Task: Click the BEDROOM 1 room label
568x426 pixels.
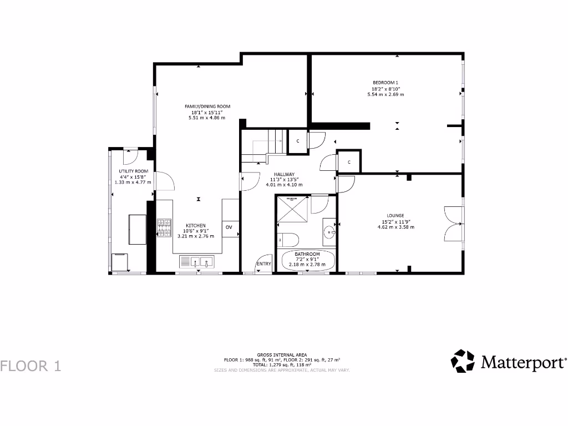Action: [x=386, y=83]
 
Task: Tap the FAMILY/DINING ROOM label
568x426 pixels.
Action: [x=207, y=106]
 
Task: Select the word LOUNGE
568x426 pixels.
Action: [x=395, y=215]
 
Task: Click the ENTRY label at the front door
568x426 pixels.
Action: [x=263, y=264]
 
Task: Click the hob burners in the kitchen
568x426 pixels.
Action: [x=164, y=228]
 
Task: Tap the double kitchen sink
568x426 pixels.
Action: [x=197, y=261]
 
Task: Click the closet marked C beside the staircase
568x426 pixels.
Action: [x=298, y=141]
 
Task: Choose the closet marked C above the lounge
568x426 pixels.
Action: [x=349, y=162]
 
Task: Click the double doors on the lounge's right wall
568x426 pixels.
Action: [x=452, y=224]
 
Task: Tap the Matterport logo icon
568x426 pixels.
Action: [x=463, y=361]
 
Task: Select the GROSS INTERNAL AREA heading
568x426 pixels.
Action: [x=281, y=354]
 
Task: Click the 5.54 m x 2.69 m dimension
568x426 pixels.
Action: [x=386, y=95]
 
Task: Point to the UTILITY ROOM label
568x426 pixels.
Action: [x=133, y=171]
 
